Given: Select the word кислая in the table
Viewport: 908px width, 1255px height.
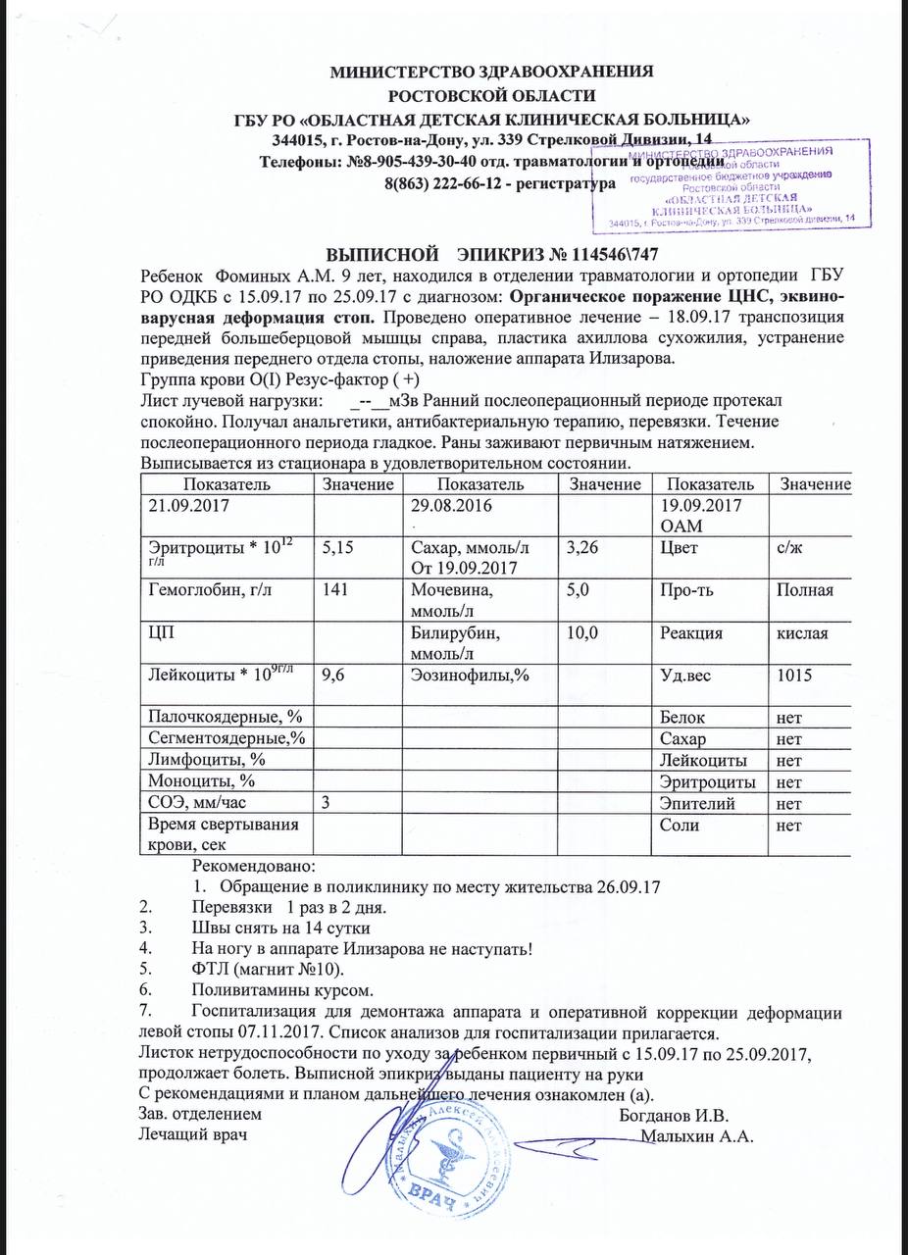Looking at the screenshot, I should tap(802, 633).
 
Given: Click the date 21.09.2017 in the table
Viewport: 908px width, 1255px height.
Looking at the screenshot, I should tap(186, 507).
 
